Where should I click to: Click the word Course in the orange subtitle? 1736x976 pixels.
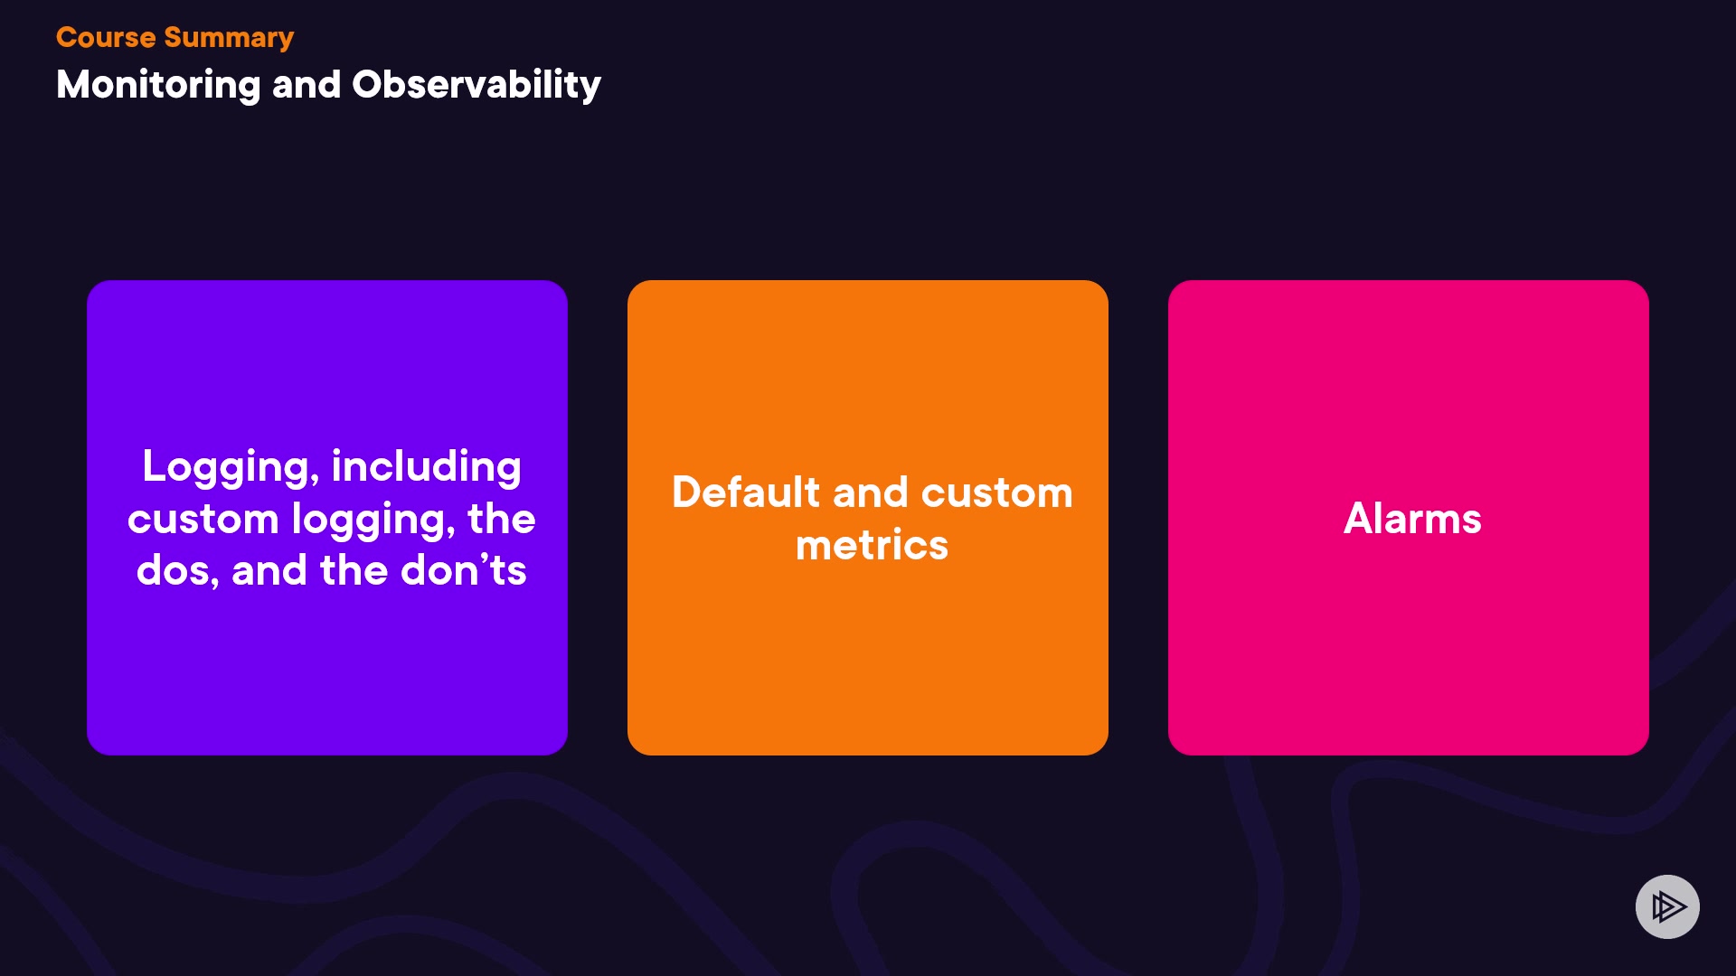click(106, 37)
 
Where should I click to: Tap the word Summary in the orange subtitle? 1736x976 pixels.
click(229, 39)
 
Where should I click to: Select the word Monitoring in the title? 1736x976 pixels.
click(158, 86)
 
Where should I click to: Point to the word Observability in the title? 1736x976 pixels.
click(476, 85)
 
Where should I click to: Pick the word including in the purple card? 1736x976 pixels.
click(426, 468)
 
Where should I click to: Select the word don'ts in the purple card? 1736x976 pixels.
click(463, 570)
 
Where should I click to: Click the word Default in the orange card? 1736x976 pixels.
click(746, 493)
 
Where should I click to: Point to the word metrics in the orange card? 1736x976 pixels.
click(872, 545)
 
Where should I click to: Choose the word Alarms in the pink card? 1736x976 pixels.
click(1412, 519)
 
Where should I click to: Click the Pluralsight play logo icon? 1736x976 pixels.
click(1667, 906)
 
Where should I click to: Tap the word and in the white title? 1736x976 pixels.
click(307, 85)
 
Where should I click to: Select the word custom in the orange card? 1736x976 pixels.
click(996, 493)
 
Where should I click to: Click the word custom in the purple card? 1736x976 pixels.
click(203, 520)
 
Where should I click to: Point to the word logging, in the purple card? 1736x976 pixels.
click(373, 521)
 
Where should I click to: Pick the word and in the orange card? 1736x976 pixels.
click(870, 493)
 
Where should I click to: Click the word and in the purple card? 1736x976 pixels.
click(269, 570)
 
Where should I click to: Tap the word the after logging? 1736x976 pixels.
click(502, 519)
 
